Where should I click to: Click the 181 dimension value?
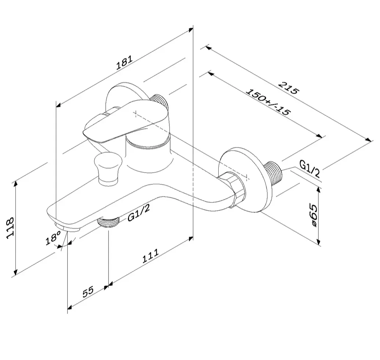125,63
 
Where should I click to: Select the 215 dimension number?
288,88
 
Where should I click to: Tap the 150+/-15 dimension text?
268,102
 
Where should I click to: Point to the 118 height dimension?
10,228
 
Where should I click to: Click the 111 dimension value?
150,256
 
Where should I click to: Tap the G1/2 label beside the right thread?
310,168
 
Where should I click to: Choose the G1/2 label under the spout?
139,212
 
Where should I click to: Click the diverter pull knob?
108,169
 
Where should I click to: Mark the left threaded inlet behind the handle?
159,100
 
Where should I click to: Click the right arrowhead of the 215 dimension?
368,140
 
